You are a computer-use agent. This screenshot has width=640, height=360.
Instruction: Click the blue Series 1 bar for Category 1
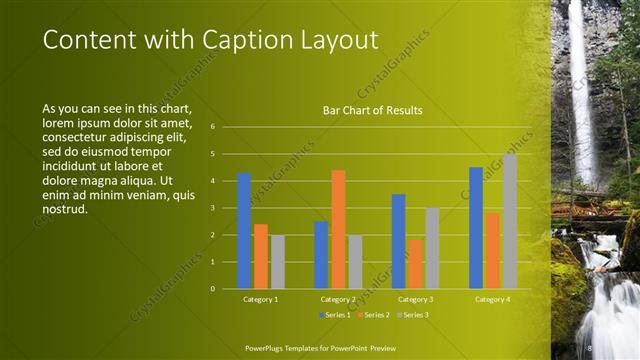pyautogui.click(x=244, y=231)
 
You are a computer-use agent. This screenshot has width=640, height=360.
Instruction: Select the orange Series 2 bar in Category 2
pyautogui.click(x=338, y=229)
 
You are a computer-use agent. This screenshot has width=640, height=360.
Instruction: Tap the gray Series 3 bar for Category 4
pyautogui.click(x=510, y=221)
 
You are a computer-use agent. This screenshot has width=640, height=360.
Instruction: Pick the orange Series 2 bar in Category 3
pyautogui.click(x=415, y=264)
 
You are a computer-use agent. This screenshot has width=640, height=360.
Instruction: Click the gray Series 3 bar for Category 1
pyautogui.click(x=278, y=262)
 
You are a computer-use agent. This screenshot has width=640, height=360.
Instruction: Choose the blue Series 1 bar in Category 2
pyautogui.click(x=321, y=255)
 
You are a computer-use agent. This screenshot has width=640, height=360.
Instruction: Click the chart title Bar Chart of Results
pyautogui.click(x=372, y=110)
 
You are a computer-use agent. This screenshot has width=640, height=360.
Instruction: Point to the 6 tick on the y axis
pyautogui.click(x=213, y=127)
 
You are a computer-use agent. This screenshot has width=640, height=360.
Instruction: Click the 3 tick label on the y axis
pyautogui.click(x=213, y=208)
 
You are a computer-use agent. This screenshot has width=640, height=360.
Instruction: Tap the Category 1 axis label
pyautogui.click(x=261, y=299)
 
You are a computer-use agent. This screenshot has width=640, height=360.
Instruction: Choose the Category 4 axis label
pyautogui.click(x=492, y=299)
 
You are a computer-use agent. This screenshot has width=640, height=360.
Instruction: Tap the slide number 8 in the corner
pyautogui.click(x=591, y=347)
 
